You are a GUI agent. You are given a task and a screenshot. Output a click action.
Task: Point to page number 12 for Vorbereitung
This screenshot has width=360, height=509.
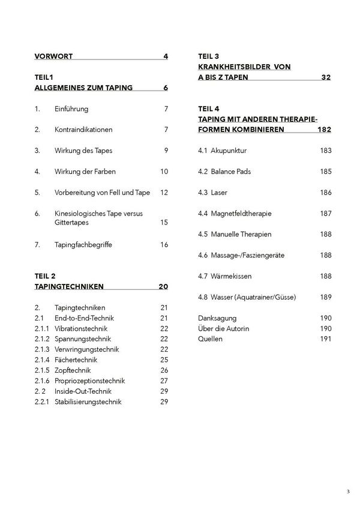point(164,192)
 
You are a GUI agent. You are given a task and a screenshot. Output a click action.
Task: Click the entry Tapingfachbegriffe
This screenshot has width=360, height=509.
point(83,244)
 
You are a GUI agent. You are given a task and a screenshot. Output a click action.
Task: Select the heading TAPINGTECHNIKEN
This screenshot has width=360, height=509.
point(70,286)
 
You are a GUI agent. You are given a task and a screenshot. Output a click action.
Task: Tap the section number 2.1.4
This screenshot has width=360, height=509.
point(43,360)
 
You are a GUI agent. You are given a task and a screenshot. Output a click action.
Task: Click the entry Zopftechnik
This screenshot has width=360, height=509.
point(73,370)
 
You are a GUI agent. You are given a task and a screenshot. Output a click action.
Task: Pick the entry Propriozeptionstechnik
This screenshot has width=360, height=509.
point(89,381)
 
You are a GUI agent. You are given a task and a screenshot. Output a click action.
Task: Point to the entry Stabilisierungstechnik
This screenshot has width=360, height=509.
point(88,402)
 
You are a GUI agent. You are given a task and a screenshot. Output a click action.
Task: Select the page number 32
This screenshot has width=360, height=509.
point(326,77)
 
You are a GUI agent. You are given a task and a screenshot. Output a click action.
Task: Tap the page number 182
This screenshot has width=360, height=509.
point(324,130)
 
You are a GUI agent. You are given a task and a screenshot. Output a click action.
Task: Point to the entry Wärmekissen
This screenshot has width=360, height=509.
point(232,276)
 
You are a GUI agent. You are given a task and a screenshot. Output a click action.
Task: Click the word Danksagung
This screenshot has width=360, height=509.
point(217,318)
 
